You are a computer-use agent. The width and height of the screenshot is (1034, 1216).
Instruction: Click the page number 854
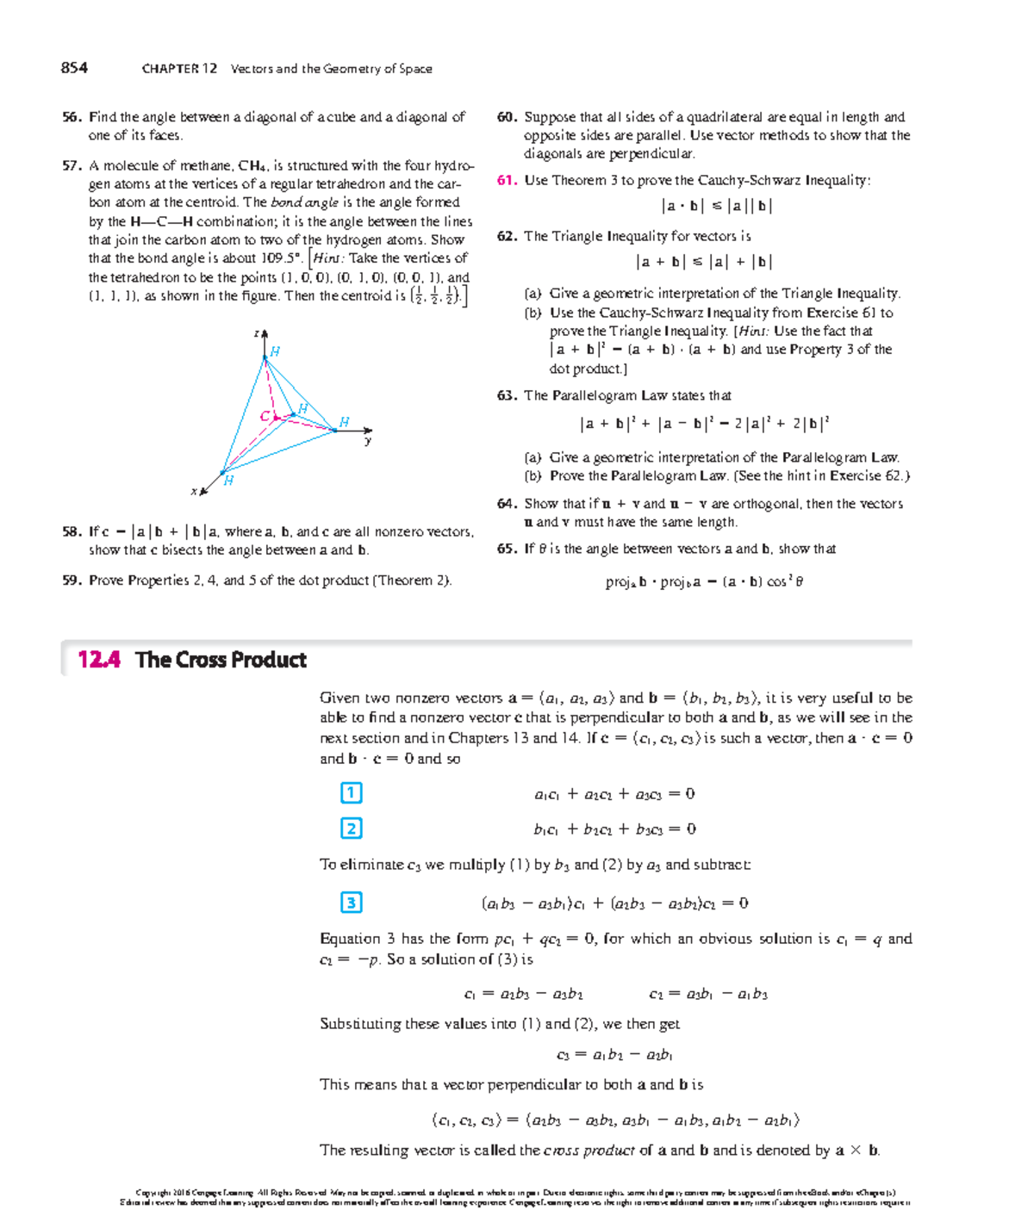(74, 68)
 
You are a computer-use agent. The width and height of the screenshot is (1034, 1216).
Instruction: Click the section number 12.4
(98, 660)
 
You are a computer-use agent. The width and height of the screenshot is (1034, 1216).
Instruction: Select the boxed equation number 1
(351, 792)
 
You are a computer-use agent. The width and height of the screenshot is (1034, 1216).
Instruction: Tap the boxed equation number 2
(351, 828)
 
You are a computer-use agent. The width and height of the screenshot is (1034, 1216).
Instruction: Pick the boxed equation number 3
(351, 903)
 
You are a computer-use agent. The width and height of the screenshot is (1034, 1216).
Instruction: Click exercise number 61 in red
(506, 180)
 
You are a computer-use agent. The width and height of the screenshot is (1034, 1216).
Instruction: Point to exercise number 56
(71, 117)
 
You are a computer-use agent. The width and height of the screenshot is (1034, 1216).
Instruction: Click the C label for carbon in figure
(265, 417)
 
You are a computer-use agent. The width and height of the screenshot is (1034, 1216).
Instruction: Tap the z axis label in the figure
(256, 332)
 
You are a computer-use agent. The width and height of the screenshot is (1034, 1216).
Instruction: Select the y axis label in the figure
(368, 441)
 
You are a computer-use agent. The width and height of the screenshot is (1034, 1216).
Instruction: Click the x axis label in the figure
(194, 491)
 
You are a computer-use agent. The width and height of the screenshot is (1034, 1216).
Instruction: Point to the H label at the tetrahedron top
(275, 351)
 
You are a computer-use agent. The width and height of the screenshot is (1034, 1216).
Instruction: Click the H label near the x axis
(228, 481)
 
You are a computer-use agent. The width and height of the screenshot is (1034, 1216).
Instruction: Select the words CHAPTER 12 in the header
(179, 69)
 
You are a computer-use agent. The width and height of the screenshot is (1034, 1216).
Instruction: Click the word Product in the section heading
(266, 660)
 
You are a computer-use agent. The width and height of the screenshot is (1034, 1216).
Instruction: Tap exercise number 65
(506, 549)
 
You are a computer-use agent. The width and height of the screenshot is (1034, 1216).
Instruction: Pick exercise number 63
(506, 395)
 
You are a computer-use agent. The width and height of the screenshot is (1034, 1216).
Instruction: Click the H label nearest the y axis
(344, 422)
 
